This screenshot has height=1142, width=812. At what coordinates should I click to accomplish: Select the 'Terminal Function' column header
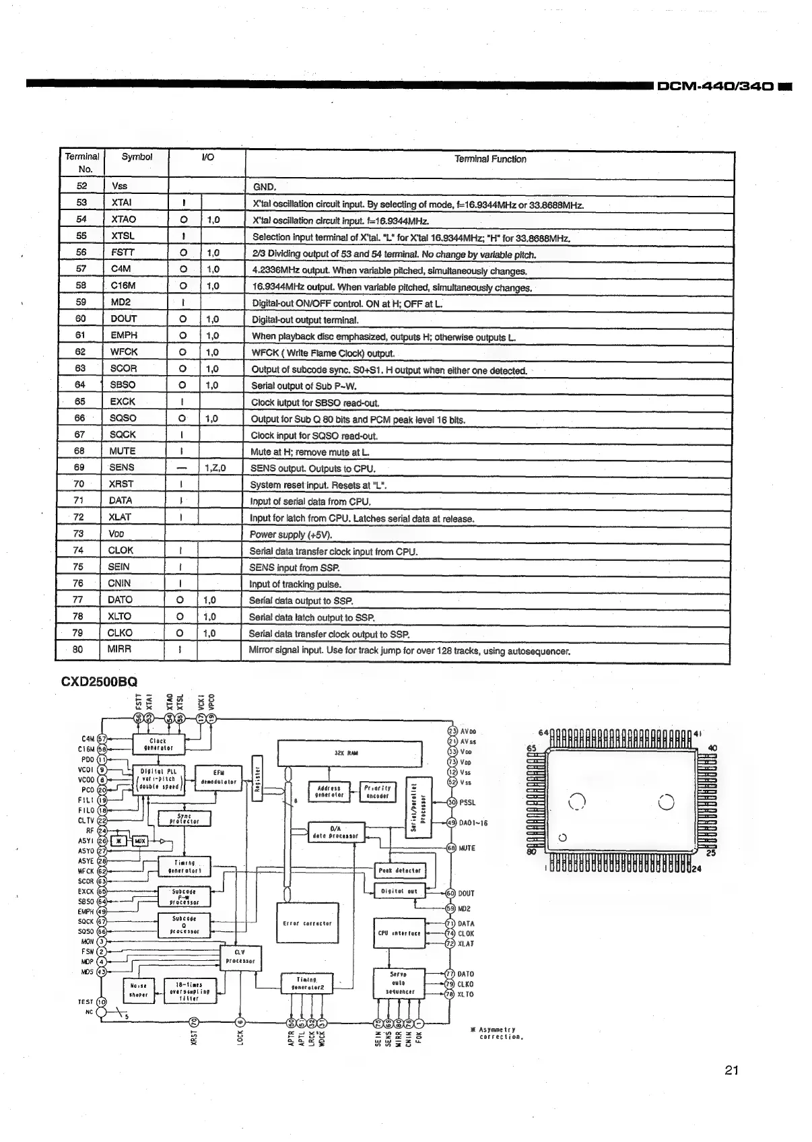[x=489, y=160]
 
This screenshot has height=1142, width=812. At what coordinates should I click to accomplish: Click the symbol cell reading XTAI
[x=121, y=202]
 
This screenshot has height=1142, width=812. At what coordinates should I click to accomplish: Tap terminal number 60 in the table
[x=81, y=318]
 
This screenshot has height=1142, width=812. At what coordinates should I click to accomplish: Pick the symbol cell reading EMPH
[x=124, y=335]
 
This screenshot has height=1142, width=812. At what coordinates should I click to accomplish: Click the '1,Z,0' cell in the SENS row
[x=215, y=467]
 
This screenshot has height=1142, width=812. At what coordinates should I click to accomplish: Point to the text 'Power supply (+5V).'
[x=291, y=535]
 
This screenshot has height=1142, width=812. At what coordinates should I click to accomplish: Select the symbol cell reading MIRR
[x=119, y=649]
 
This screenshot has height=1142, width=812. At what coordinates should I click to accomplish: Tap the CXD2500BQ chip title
[x=99, y=681]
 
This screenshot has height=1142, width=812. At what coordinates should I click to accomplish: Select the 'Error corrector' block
[x=308, y=924]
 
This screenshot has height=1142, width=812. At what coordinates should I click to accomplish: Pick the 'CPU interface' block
[x=399, y=933]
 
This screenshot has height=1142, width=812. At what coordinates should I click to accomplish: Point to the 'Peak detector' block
[x=399, y=871]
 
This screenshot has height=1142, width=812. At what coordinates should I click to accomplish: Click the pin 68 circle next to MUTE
[x=452, y=848]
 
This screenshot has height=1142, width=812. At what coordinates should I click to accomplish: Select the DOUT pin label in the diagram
[x=467, y=894]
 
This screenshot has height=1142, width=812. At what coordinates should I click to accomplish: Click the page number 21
[x=733, y=1070]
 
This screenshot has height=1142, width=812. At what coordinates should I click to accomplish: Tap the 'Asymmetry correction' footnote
[x=498, y=1033]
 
